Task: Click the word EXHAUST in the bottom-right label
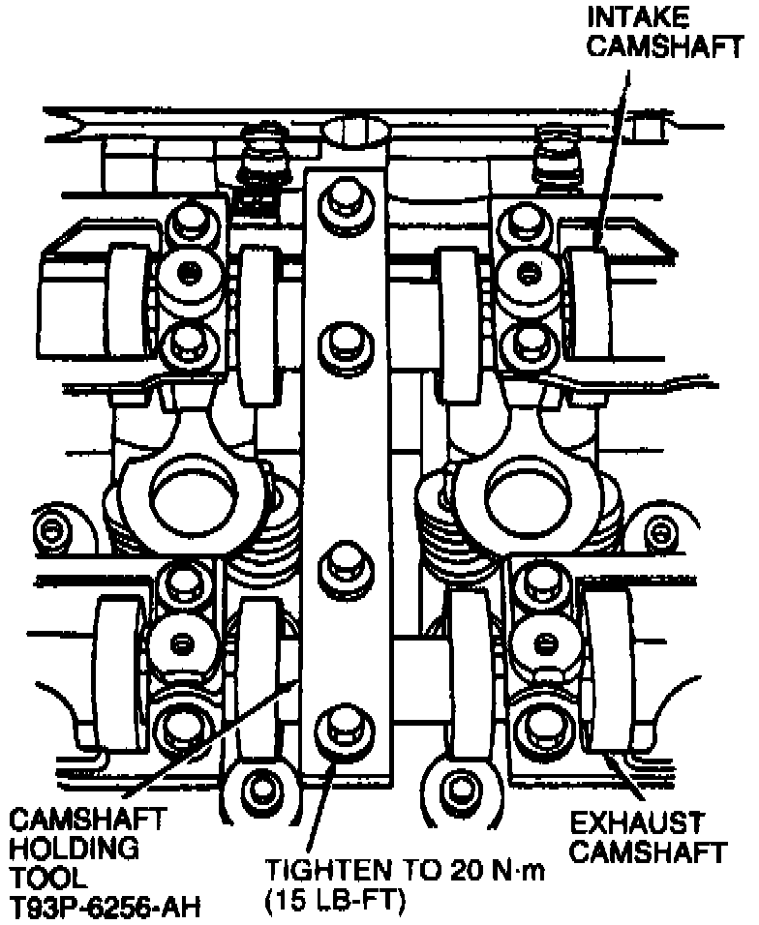point(636,824)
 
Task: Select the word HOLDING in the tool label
point(76,850)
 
